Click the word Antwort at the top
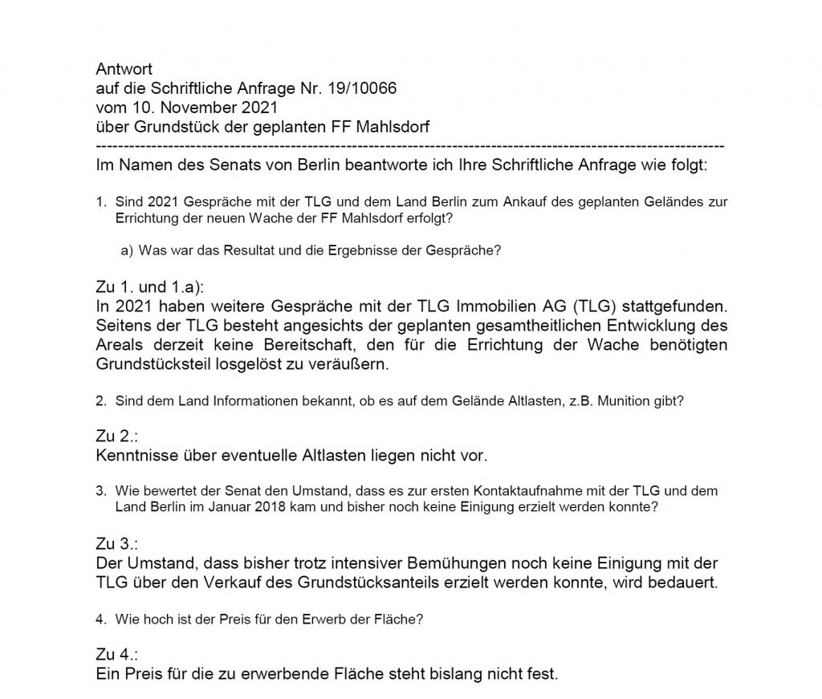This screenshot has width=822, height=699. click(124, 70)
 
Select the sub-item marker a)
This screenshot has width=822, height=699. click(127, 250)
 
